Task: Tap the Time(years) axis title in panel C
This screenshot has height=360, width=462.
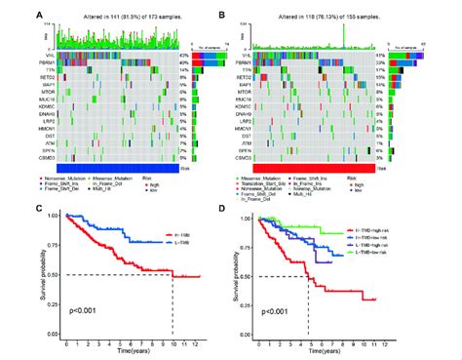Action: [x=127, y=353]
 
